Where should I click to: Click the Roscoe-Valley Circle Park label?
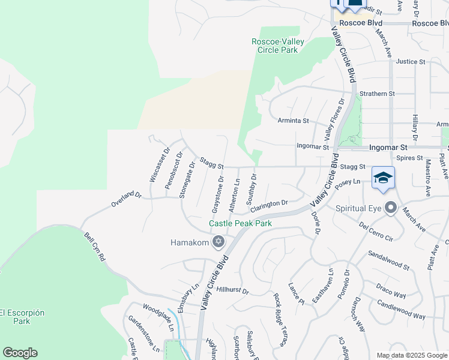coord(278,46)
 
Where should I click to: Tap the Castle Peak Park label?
coord(240,224)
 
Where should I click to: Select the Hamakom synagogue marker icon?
coord(218,242)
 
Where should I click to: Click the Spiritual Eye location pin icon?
coord(391,208)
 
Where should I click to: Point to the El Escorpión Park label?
coord(22,317)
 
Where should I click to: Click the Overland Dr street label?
coord(125,200)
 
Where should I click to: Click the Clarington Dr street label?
coord(270,206)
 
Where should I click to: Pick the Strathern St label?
coord(377,94)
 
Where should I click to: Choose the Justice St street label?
coord(411,61)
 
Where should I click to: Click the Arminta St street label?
coord(293,121)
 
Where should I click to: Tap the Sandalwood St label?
coord(388,260)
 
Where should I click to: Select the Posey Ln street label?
coord(348,183)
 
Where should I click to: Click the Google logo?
coord(20,353)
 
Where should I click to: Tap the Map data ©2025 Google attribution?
coord(412,355)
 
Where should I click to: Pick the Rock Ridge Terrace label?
coord(280,319)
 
